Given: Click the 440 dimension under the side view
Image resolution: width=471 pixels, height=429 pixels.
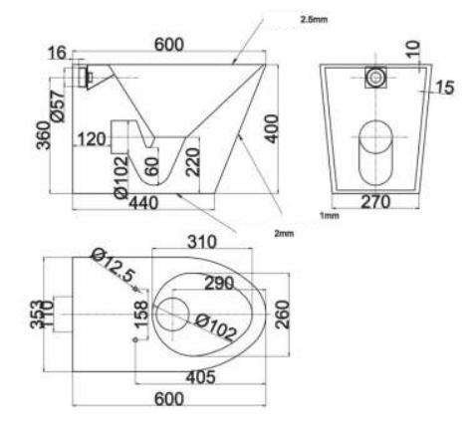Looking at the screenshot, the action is click(143, 203).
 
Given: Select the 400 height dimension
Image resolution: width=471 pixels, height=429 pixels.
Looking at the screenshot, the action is click(273, 128).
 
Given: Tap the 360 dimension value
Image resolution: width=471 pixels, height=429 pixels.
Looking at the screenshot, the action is click(43, 135).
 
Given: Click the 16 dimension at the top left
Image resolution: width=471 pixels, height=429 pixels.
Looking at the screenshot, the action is click(57, 53).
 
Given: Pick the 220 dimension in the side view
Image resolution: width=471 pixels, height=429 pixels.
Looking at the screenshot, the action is click(193, 162).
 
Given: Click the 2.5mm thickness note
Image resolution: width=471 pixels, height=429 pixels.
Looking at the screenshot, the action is click(314, 19).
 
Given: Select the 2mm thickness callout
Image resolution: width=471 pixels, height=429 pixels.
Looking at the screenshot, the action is click(284, 234).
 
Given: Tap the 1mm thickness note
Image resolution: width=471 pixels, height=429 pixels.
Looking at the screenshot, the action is click(330, 216).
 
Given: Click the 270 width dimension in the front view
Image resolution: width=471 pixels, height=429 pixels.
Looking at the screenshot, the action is click(375, 202).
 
